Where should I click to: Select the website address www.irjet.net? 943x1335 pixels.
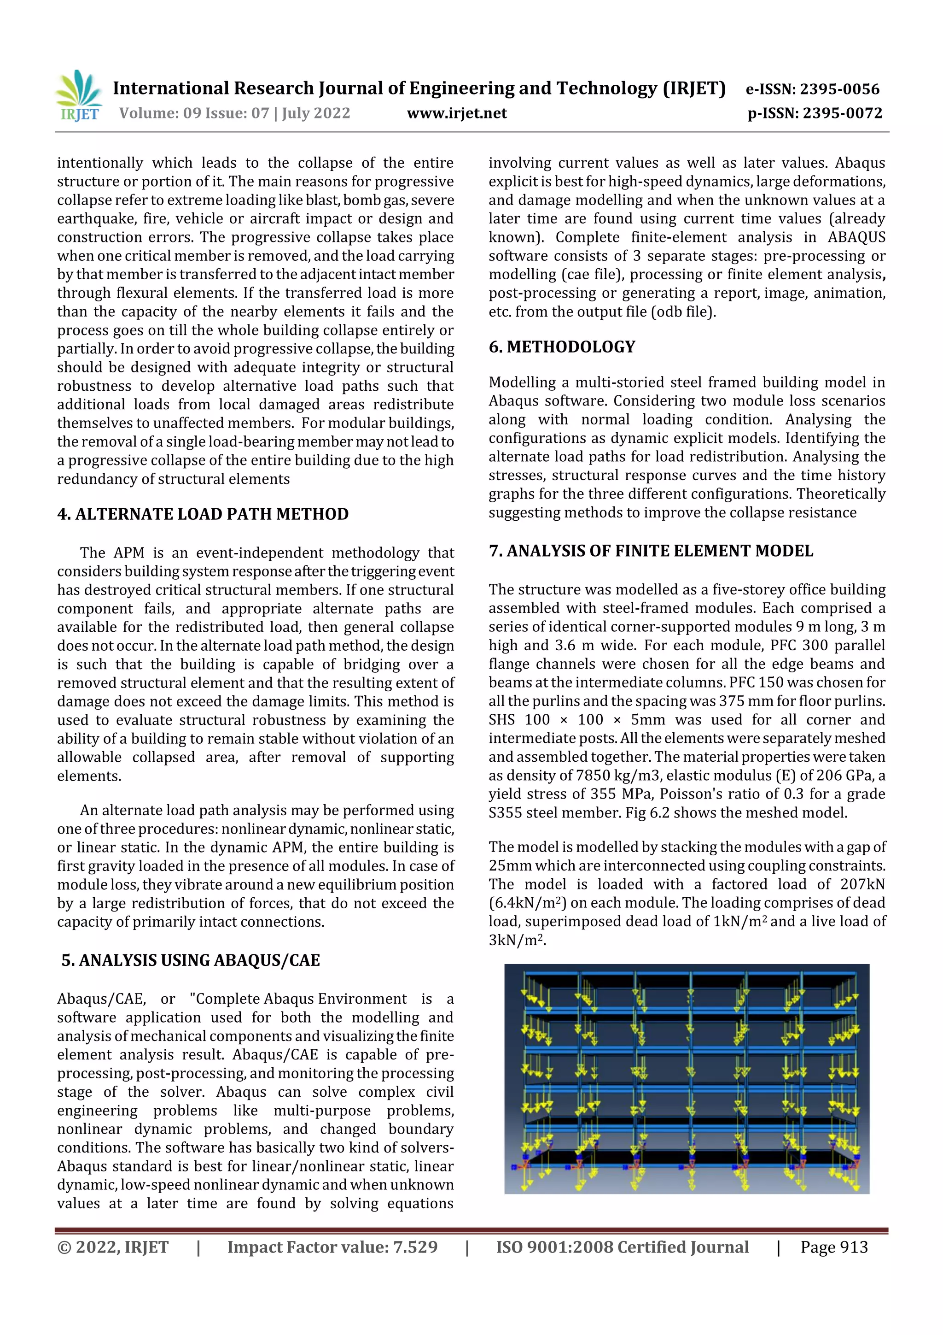pos(457,113)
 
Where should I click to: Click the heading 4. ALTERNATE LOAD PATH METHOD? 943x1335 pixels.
pos(203,514)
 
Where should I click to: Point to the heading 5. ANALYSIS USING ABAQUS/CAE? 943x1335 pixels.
pos(191,960)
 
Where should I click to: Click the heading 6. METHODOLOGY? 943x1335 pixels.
pos(562,347)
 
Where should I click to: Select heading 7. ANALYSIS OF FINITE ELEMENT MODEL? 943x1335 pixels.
pos(651,551)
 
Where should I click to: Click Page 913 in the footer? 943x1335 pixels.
pos(834,1247)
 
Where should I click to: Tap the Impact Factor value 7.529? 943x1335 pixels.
pos(415,1247)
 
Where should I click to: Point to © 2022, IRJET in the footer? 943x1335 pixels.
pos(113,1247)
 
